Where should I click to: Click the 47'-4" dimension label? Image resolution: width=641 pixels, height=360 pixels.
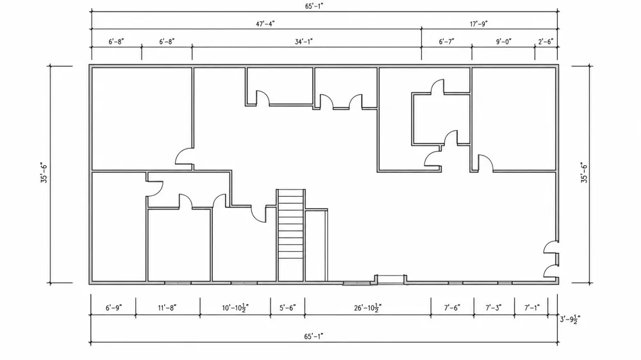pos(265,24)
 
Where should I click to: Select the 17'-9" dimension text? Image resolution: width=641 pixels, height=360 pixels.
pos(478,24)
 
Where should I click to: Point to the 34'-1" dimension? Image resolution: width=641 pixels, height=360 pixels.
pos(304,42)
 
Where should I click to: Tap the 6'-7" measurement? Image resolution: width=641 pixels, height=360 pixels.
pos(446,42)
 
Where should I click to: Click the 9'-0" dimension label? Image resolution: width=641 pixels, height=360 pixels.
pos(504,42)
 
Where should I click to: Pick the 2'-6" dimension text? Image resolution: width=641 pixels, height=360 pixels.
pos(545,42)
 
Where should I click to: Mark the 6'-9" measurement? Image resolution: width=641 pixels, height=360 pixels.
pos(113,307)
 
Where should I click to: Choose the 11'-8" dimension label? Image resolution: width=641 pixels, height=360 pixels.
pos(167,307)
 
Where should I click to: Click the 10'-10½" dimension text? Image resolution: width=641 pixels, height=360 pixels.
pos(235,307)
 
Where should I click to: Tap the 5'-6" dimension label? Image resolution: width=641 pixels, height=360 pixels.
pos(287,307)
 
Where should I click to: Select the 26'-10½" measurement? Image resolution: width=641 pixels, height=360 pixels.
pos(368,307)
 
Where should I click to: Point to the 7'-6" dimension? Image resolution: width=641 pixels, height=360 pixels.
pos(452,307)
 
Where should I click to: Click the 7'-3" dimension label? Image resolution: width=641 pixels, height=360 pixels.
pos(494,307)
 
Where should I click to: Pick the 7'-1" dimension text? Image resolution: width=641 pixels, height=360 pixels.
pos(532,307)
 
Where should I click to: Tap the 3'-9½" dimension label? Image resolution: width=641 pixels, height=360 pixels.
pos(570,319)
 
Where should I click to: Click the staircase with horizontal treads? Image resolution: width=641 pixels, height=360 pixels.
pos(290,235)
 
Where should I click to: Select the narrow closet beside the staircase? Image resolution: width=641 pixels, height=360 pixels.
pos(316,245)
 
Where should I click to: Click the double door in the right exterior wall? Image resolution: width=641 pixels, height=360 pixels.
pos(551,259)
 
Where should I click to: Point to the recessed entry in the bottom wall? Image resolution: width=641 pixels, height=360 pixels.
pos(390,279)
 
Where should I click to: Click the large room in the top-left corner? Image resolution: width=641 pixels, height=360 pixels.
pos(142,119)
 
